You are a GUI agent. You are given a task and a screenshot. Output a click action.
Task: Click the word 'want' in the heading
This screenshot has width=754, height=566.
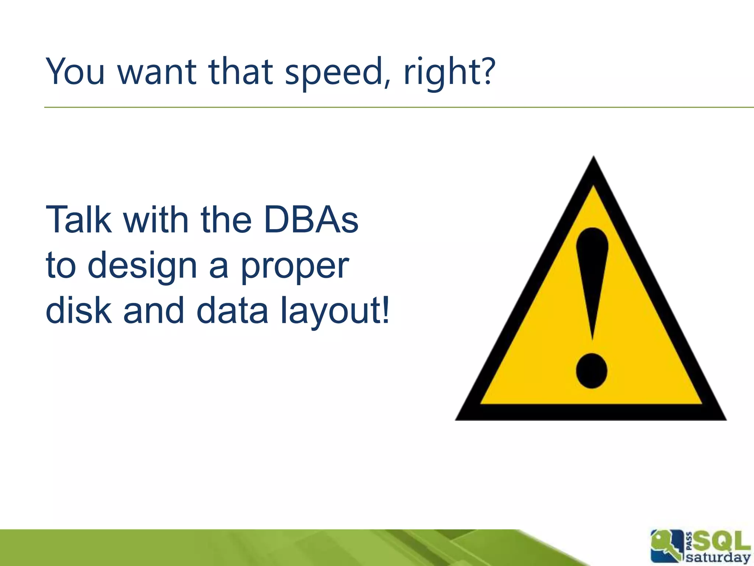point(156,72)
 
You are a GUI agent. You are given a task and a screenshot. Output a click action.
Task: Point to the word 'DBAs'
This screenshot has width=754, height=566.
point(311,220)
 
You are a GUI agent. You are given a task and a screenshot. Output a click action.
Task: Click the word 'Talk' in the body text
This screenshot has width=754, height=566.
point(78,220)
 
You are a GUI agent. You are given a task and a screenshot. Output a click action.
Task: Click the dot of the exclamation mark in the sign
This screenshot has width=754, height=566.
point(591,371)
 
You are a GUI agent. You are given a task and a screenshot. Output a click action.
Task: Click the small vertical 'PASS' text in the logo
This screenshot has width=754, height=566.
point(688,547)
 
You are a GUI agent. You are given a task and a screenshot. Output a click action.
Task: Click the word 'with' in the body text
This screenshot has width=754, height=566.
point(155,220)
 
